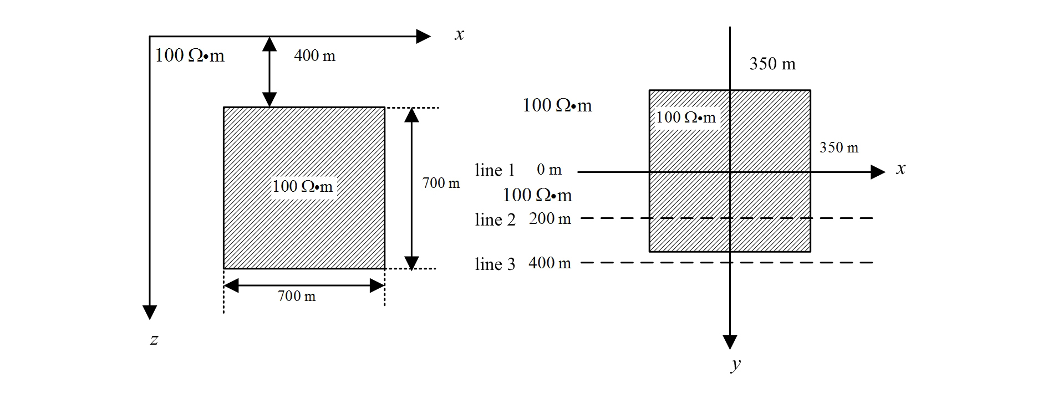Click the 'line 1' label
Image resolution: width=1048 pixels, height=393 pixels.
point(495,170)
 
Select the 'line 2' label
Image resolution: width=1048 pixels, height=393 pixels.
point(495,220)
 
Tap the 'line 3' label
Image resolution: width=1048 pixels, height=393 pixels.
point(495,264)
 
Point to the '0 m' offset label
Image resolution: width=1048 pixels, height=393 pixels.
point(549,170)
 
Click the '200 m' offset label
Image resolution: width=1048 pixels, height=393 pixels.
point(550,219)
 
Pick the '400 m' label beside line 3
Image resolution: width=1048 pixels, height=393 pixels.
point(550,263)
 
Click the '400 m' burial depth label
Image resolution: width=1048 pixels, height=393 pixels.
point(314,56)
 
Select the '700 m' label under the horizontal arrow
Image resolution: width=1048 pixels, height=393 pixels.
point(297,297)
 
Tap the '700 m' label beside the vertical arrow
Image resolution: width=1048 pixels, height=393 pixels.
point(441,183)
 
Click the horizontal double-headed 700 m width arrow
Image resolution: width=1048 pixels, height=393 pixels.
point(304,285)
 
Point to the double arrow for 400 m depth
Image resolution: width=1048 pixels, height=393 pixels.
point(269,72)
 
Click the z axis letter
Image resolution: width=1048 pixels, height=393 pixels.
point(154,339)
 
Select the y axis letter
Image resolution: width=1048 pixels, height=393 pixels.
point(736,364)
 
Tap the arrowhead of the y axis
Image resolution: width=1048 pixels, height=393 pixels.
point(730,341)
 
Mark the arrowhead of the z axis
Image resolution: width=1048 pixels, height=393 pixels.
point(150,312)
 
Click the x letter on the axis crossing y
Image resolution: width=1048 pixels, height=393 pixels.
point(901,169)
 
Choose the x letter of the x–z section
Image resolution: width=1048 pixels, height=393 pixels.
point(459,34)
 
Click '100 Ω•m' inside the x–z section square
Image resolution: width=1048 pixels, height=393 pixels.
point(302,187)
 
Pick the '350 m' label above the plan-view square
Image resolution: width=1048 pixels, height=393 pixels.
point(772,64)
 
